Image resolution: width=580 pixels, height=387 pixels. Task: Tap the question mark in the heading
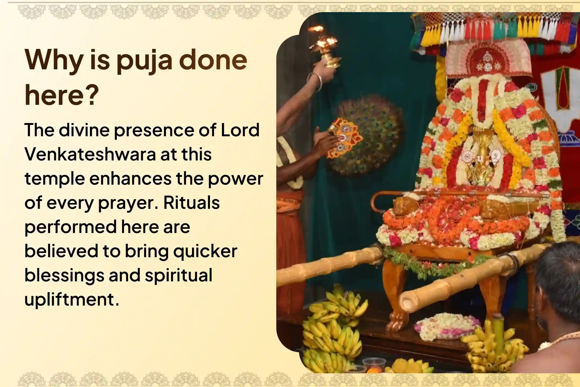point(90,95)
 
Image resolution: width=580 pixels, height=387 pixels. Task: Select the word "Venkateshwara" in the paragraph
point(90,155)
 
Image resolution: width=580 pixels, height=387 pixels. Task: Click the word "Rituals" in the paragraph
point(191,203)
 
